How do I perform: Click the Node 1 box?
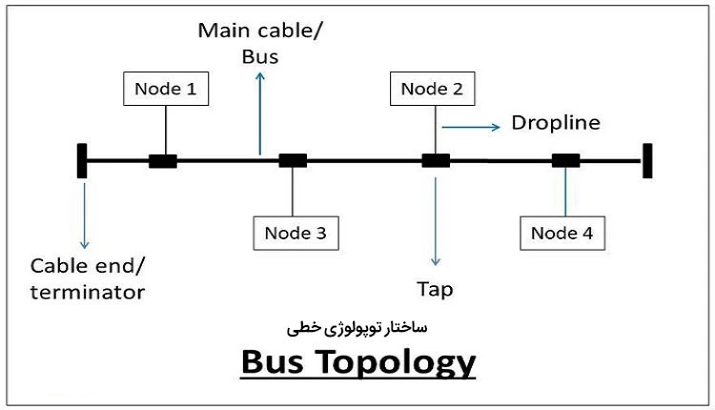[x=166, y=90]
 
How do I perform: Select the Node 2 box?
[x=432, y=90]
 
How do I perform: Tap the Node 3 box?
[x=295, y=231]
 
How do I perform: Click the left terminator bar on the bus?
[x=83, y=160]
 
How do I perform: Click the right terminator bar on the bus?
[x=647, y=160]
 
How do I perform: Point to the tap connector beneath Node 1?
[x=163, y=161]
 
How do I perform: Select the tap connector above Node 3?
[x=292, y=160]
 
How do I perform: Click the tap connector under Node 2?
[x=436, y=160]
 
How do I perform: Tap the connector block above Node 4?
[x=565, y=160]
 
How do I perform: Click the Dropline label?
[x=556, y=123]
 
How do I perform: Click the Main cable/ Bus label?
[x=259, y=43]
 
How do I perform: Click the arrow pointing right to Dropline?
[x=471, y=125]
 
